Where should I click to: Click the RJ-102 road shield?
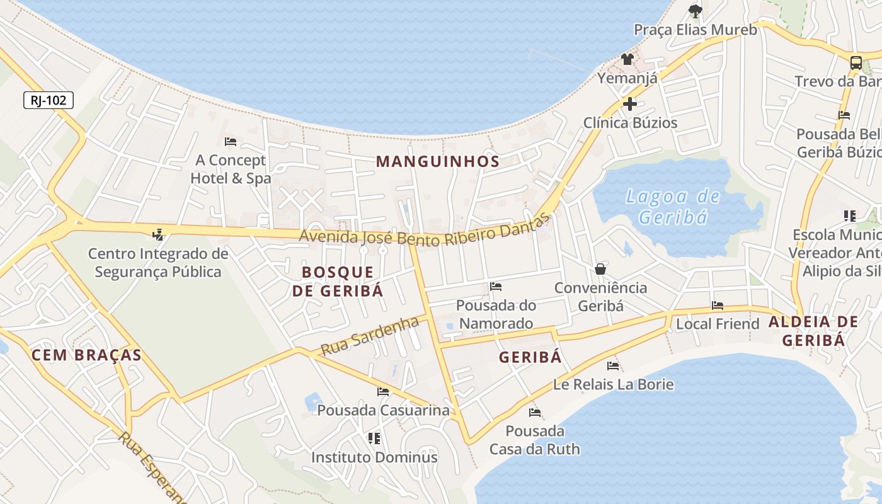tap(49, 100)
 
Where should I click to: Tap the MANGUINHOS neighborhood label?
tap(438, 161)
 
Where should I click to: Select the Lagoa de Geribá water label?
tap(672, 207)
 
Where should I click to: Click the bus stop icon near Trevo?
tap(856, 62)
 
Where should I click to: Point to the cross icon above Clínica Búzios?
tap(629, 104)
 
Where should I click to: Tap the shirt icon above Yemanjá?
tap(627, 60)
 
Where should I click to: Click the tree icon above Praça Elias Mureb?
tap(696, 11)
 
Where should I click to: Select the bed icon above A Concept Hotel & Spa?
tap(231, 142)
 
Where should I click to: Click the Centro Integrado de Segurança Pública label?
tap(158, 263)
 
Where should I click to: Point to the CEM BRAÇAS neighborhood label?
tap(86, 355)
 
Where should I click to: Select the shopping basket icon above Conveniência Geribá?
tap(600, 269)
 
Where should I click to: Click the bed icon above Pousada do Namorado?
tap(496, 287)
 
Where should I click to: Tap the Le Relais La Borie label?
tap(613, 384)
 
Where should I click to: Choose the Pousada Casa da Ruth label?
tap(534, 440)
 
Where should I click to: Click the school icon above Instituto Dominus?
tap(374, 438)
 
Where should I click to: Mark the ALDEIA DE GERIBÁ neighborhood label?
tap(813, 331)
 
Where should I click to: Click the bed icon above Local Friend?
tap(718, 306)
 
